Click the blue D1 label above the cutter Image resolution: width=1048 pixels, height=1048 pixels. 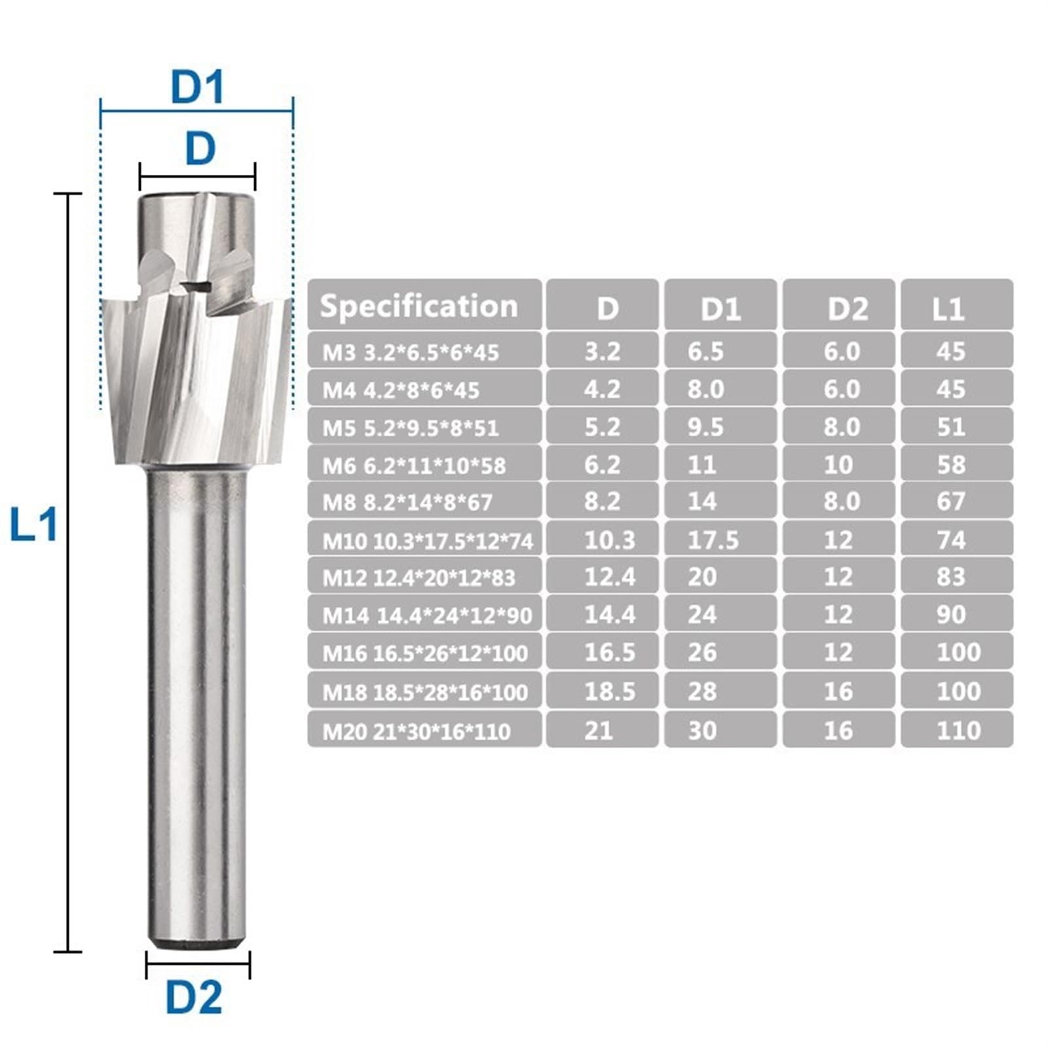[197, 88]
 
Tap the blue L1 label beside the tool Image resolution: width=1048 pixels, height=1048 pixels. [34, 525]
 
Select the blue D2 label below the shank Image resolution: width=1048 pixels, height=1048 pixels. [193, 998]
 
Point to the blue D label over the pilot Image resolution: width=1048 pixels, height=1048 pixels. [200, 148]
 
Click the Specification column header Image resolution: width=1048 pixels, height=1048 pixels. [419, 306]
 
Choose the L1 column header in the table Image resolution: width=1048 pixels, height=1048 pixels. [948, 309]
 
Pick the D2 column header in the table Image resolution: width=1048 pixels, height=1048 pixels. [848, 309]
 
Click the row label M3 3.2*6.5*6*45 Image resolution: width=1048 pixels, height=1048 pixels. [410, 352]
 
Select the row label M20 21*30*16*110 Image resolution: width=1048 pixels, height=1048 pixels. [416, 731]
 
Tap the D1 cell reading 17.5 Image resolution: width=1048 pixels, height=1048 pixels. [713, 540]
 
